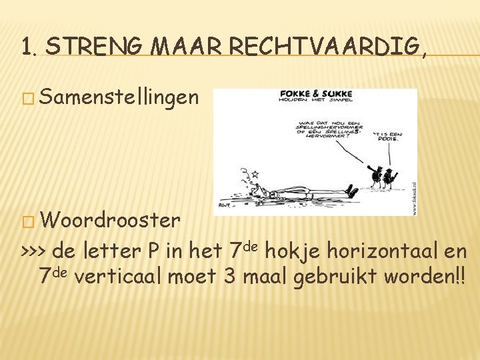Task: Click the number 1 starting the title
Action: click(25, 47)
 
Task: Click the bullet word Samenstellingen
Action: click(119, 98)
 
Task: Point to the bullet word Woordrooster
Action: click(110, 220)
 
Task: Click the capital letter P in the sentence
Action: click(153, 253)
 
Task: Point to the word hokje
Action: click(297, 253)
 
